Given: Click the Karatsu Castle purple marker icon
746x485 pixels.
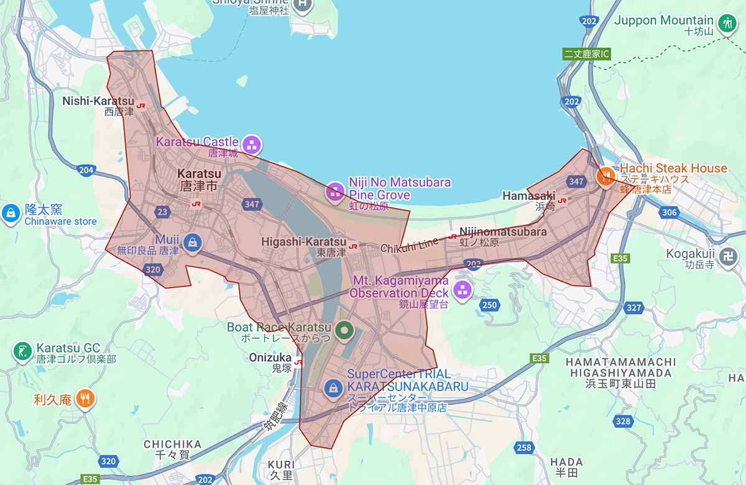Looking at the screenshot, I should [x=252, y=145].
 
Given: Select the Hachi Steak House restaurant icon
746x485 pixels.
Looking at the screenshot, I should [x=606, y=176].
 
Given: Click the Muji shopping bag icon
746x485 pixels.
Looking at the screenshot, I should [x=193, y=241].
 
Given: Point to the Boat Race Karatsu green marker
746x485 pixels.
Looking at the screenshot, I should [x=343, y=330].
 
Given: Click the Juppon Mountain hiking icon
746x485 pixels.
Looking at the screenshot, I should [x=727, y=24].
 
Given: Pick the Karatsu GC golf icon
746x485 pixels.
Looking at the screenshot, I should [x=22, y=351].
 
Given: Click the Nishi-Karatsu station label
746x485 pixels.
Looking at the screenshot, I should [x=98, y=101].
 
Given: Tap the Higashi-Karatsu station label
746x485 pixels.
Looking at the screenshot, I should [x=303, y=242].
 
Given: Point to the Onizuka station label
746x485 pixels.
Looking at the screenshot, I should [x=270, y=358].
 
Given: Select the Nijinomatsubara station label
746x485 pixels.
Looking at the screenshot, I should [x=503, y=232].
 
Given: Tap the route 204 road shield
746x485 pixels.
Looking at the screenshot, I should [x=86, y=170].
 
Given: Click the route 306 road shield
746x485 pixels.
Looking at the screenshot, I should [x=670, y=213].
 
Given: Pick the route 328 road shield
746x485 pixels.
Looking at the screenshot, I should [x=622, y=421].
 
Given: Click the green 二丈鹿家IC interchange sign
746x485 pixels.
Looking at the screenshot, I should [x=587, y=54].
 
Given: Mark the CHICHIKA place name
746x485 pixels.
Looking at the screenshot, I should [x=172, y=444].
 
